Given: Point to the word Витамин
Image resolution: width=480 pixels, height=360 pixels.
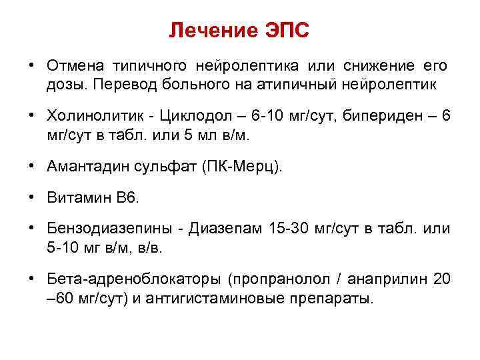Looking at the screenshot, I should click(72, 197).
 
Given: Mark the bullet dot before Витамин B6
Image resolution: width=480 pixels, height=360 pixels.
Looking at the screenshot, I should click(31, 197).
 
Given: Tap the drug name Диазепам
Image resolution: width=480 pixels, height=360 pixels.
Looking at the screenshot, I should click(226, 229).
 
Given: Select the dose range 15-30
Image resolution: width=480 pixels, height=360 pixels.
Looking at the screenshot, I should click(288, 229).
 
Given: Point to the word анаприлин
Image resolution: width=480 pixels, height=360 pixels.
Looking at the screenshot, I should click(386, 278).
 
